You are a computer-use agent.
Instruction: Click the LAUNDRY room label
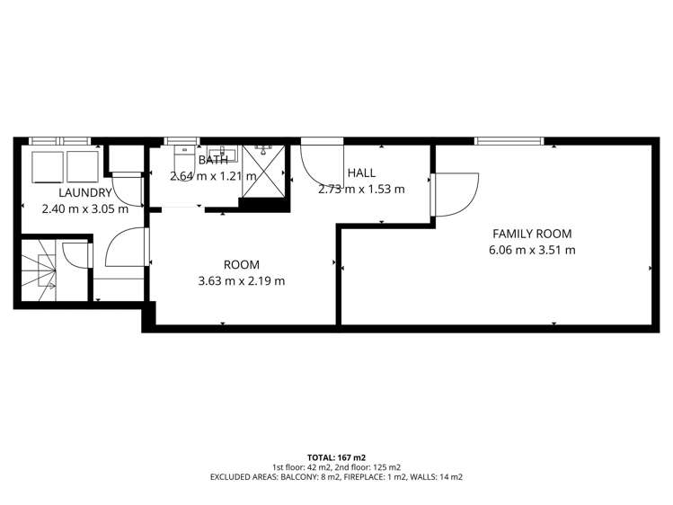[85, 192]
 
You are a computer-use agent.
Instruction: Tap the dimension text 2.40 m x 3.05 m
[85, 208]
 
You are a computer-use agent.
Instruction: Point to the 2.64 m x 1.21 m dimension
[213, 175]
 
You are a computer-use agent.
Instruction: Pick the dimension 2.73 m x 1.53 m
[361, 189]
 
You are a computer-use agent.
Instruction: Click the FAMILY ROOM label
[532, 234]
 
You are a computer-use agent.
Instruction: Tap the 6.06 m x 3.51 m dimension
[532, 250]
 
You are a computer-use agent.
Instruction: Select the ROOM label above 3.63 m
[241, 264]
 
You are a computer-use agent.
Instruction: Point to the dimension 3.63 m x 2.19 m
[241, 280]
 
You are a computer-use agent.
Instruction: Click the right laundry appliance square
[81, 167]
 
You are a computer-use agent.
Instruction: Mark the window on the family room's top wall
[509, 140]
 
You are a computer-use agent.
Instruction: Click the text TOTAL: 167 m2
[336, 456]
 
